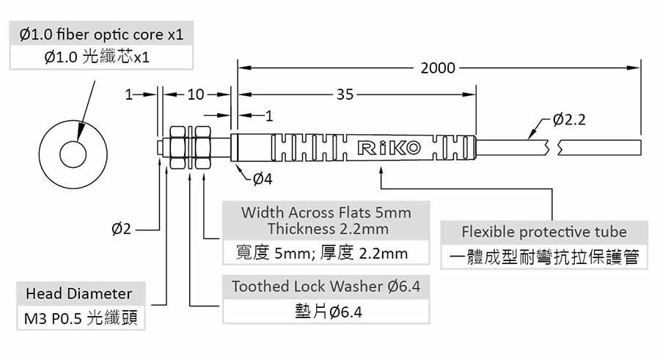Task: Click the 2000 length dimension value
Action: click(438, 69)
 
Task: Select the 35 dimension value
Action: click(345, 95)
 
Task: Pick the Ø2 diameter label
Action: click(122, 229)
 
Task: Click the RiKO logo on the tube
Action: click(389, 147)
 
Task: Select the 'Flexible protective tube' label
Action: click(543, 232)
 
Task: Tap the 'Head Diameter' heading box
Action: click(79, 293)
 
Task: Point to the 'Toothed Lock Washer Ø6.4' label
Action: click(326, 286)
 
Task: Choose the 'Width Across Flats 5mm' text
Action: click(326, 213)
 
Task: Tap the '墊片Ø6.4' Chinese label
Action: click(326, 312)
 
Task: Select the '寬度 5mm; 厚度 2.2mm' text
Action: click(326, 254)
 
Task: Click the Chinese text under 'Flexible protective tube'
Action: click(543, 257)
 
